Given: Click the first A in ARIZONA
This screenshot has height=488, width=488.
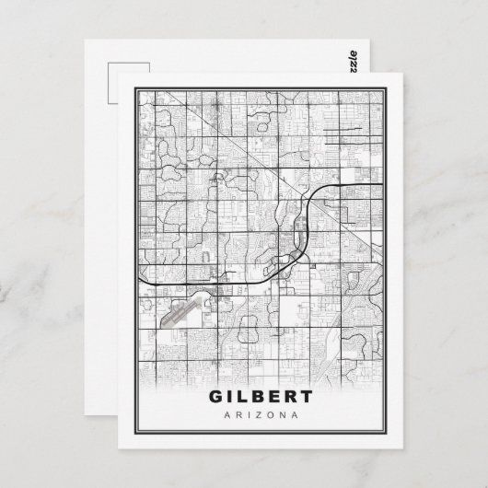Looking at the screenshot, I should [x=227, y=417].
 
